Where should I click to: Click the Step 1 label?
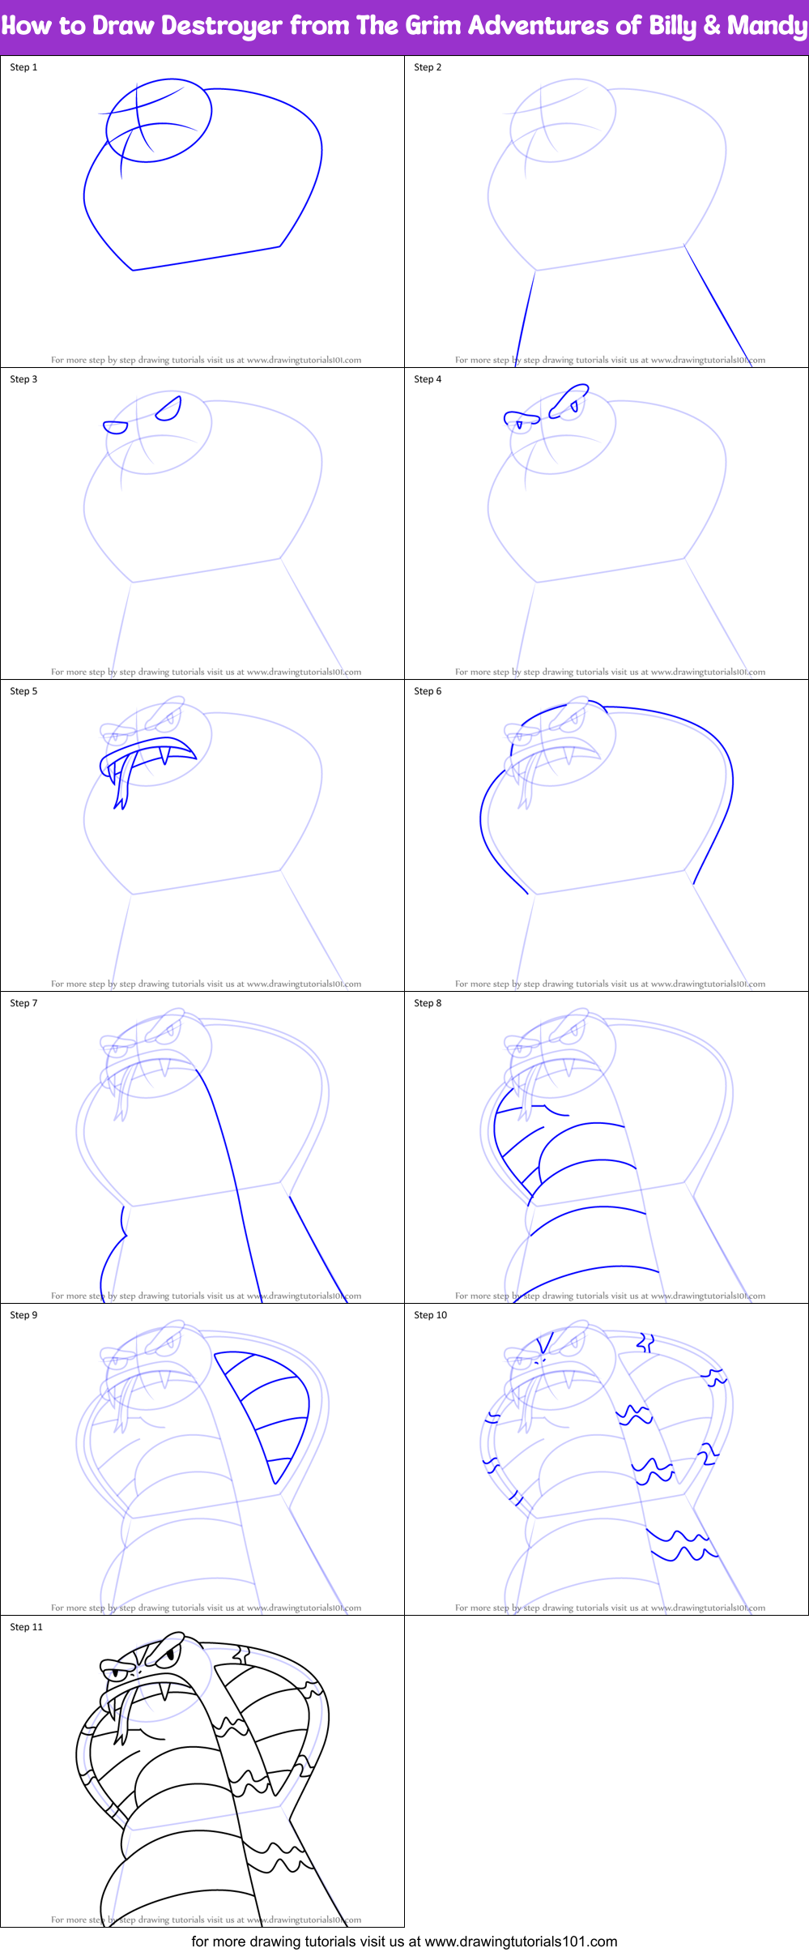(23, 67)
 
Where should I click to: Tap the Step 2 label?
(428, 67)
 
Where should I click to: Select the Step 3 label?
(23, 379)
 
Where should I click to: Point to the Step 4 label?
(428, 379)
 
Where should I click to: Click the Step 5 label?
(23, 691)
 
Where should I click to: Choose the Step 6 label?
(428, 691)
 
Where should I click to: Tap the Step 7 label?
(23, 1003)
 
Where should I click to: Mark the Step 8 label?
(428, 1003)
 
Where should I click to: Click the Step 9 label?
(23, 1315)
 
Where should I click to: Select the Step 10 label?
(430, 1315)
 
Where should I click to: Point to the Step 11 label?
(26, 1627)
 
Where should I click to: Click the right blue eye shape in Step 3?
(168, 409)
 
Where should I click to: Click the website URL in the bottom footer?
(521, 1941)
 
